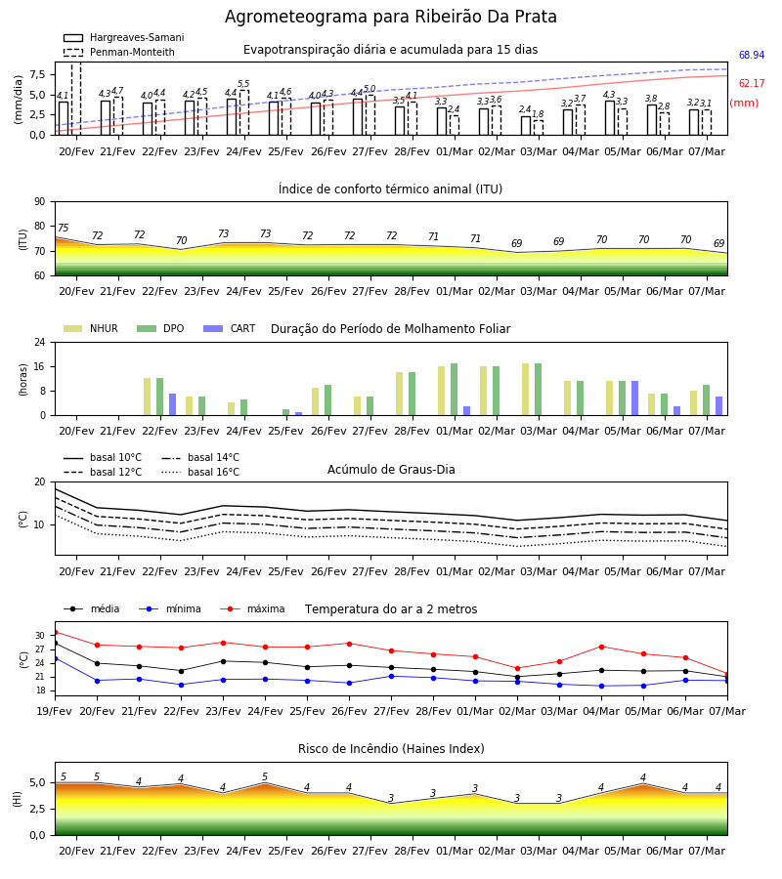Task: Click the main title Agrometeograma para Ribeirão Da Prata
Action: click(x=390, y=17)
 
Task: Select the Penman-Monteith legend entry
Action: click(x=119, y=52)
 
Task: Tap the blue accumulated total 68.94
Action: click(x=752, y=55)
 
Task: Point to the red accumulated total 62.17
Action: click(x=752, y=84)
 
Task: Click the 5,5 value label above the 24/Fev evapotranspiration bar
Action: click(x=243, y=84)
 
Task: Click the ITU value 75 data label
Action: click(x=63, y=228)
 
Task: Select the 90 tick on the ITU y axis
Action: click(x=40, y=202)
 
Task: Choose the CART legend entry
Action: click(x=230, y=328)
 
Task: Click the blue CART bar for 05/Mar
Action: click(x=635, y=398)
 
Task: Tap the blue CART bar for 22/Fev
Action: click(x=173, y=404)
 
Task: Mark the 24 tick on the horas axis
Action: click(x=40, y=342)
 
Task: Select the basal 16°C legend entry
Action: click(x=200, y=472)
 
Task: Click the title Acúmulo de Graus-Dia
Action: click(x=391, y=470)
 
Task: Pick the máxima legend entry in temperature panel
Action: click(x=252, y=608)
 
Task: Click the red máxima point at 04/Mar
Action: click(x=601, y=647)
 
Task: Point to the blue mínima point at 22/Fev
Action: click(x=181, y=685)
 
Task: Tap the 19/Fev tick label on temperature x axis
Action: click(x=55, y=711)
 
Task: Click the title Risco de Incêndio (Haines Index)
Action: click(x=391, y=749)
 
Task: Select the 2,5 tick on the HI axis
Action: click(x=37, y=809)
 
